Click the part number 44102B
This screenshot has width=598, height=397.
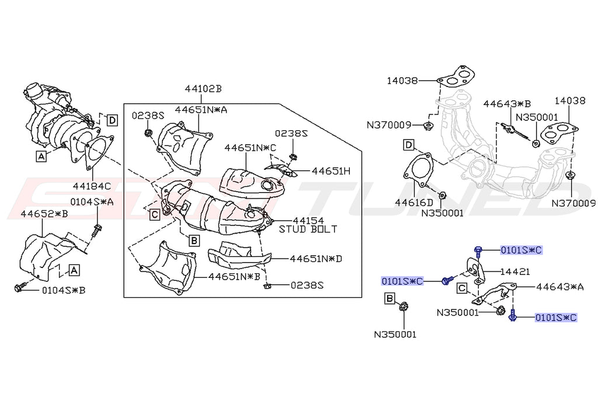point(203,89)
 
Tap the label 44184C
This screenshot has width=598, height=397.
point(92,186)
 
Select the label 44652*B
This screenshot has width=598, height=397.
point(44,214)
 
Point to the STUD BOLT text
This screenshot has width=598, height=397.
point(308,229)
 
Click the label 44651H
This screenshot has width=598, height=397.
point(331,171)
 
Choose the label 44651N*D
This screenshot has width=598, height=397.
point(316,258)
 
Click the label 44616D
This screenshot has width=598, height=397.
point(413,203)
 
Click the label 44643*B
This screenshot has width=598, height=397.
point(507,104)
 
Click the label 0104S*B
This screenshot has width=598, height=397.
point(64,289)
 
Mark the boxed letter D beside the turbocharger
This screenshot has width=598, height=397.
point(112,120)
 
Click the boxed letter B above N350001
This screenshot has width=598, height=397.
point(390,300)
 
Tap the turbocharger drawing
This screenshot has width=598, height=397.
point(55,120)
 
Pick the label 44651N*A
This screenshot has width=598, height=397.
point(201,109)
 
